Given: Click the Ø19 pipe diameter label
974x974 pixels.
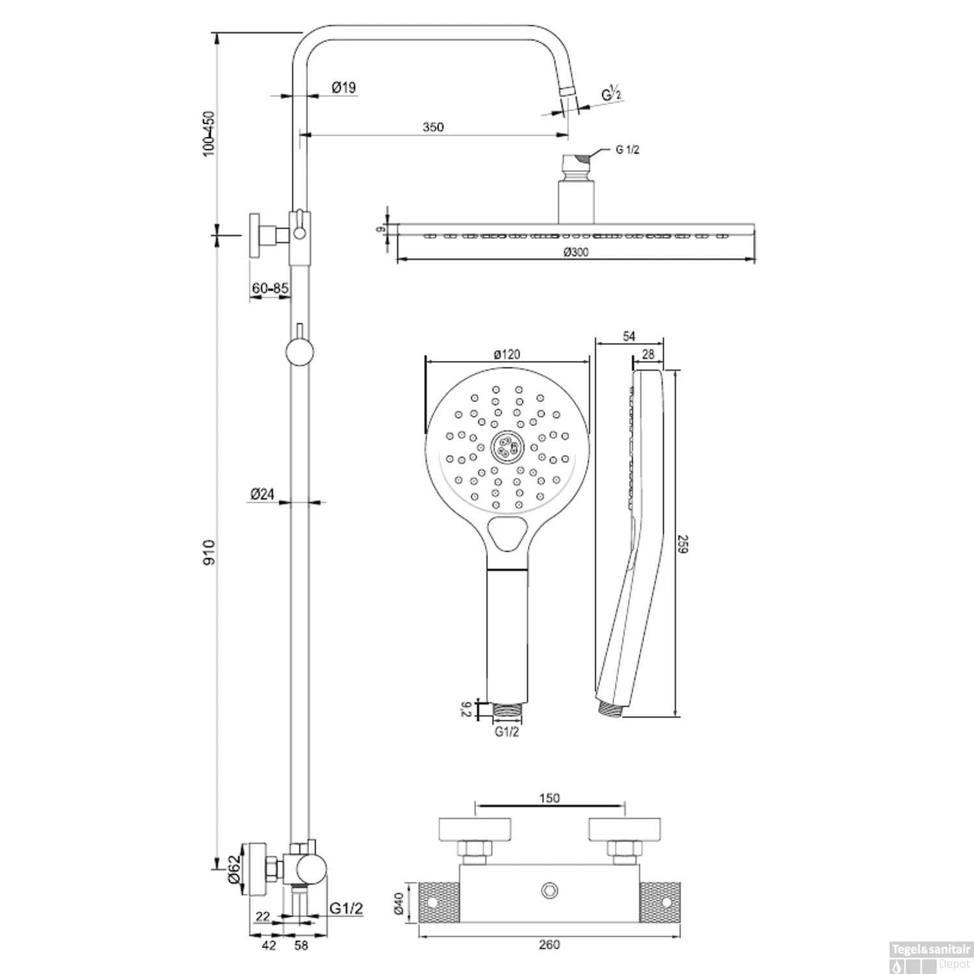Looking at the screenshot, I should tap(343, 87).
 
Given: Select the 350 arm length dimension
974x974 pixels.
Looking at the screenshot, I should tap(433, 127).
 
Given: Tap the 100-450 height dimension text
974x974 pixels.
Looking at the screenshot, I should tap(208, 134).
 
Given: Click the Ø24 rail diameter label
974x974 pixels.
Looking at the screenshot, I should tap(262, 495).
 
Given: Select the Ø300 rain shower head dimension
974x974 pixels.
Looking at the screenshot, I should tap(576, 253).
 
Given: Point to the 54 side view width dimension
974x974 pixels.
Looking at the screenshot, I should tap(629, 336).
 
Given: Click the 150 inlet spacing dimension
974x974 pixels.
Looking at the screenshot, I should tap(549, 799).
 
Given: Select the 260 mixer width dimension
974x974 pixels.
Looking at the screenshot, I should tap(549, 945).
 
